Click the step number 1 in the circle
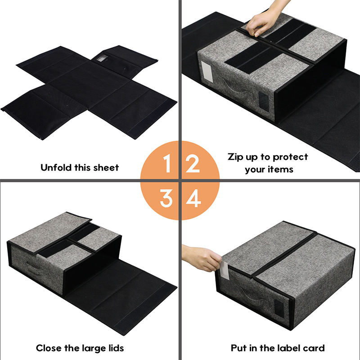click(167, 163)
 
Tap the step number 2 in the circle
click(193, 163)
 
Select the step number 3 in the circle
click(166, 198)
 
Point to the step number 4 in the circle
click(193, 198)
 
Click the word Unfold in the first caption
click(56, 167)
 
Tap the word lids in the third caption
click(116, 348)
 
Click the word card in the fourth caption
click(314, 348)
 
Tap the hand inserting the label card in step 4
click(200, 257)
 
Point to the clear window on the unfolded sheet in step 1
click(102, 58)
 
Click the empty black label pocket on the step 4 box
click(279, 308)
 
